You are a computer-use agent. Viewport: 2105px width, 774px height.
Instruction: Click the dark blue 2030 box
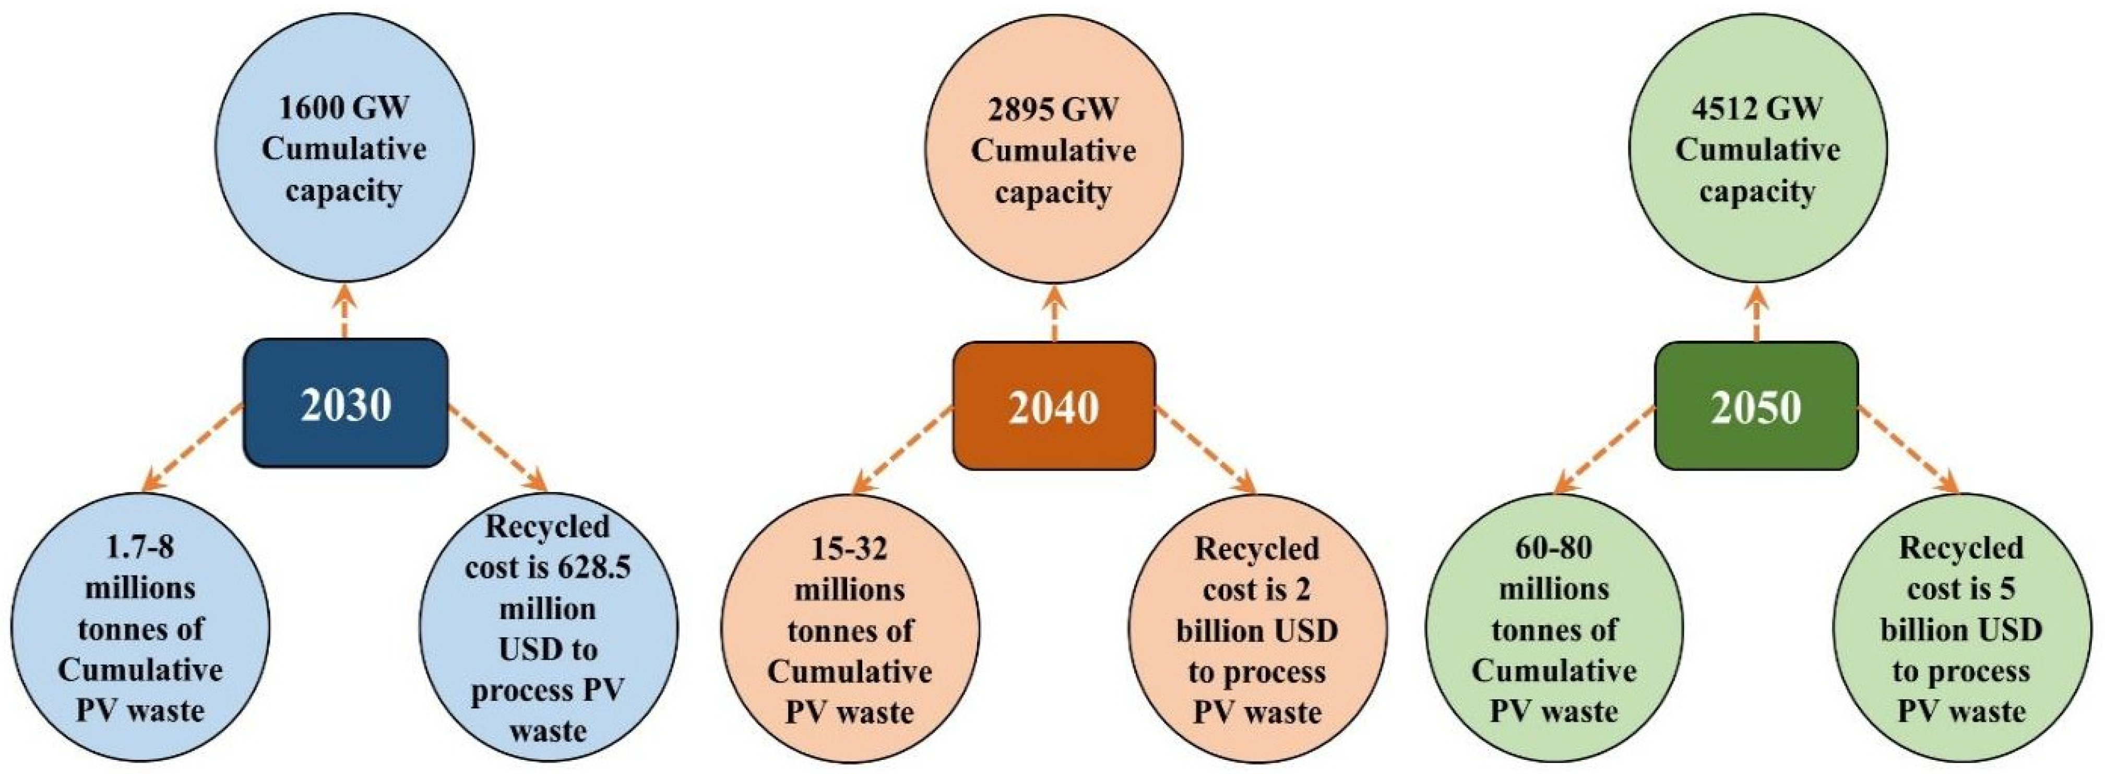(x=346, y=404)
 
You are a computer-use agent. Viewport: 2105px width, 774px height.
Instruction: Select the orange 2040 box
(x=1054, y=406)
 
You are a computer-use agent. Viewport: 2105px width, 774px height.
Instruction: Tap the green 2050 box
(x=1756, y=406)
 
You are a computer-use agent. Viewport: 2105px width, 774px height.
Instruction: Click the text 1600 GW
(x=343, y=109)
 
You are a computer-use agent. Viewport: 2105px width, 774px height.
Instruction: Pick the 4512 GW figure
(x=1757, y=109)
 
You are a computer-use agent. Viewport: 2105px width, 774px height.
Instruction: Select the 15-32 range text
(x=849, y=548)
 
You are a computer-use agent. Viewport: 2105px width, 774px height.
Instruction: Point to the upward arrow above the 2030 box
(x=345, y=311)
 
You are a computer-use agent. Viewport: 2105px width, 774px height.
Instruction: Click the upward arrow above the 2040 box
(x=1054, y=312)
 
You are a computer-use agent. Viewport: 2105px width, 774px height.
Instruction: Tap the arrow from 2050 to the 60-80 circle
(x=1604, y=450)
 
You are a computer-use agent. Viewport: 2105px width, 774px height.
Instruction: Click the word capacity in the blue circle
(x=343, y=191)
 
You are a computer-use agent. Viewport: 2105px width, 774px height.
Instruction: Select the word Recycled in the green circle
(x=1960, y=548)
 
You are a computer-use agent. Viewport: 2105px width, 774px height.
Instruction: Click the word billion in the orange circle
(x=1219, y=631)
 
